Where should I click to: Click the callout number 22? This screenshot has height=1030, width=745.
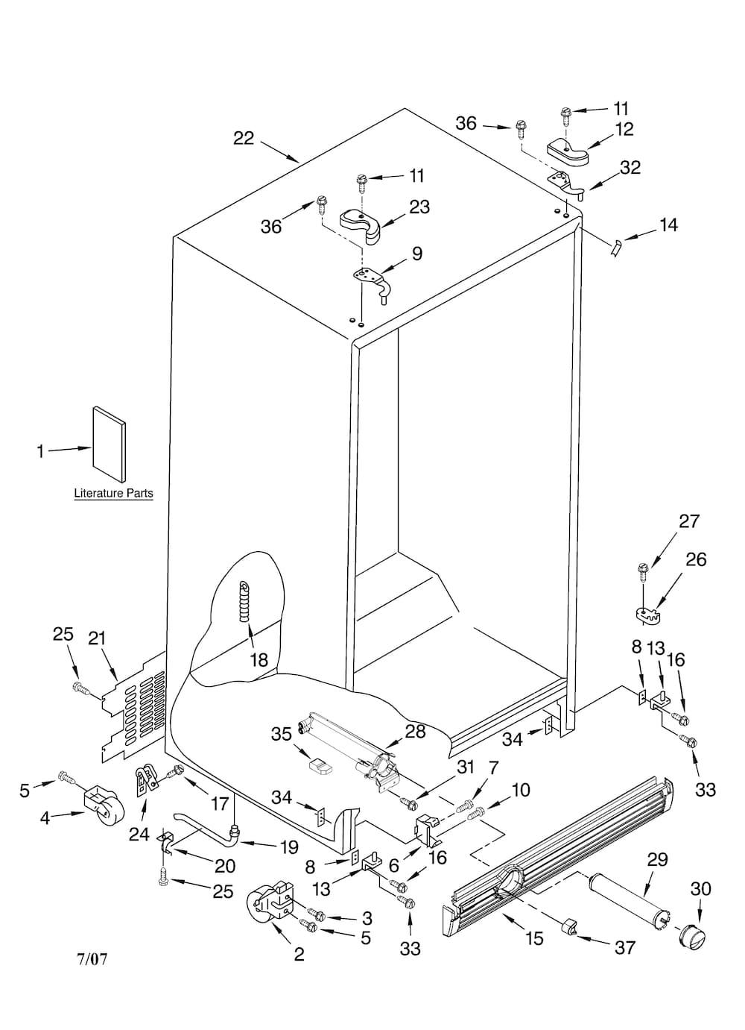click(244, 138)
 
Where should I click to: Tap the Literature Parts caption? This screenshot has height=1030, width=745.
click(113, 494)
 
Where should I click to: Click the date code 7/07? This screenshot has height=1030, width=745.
click(92, 993)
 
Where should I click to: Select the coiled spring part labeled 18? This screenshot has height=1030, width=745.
click(244, 601)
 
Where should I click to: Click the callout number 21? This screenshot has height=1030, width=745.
click(97, 638)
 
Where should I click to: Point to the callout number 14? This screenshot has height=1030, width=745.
click(668, 225)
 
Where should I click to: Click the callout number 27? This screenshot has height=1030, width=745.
click(689, 521)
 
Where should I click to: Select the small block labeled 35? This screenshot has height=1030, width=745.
click(321, 766)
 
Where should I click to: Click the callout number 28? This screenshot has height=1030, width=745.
click(415, 732)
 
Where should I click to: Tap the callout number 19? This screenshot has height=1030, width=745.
click(289, 847)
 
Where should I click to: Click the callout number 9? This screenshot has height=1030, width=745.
click(417, 254)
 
